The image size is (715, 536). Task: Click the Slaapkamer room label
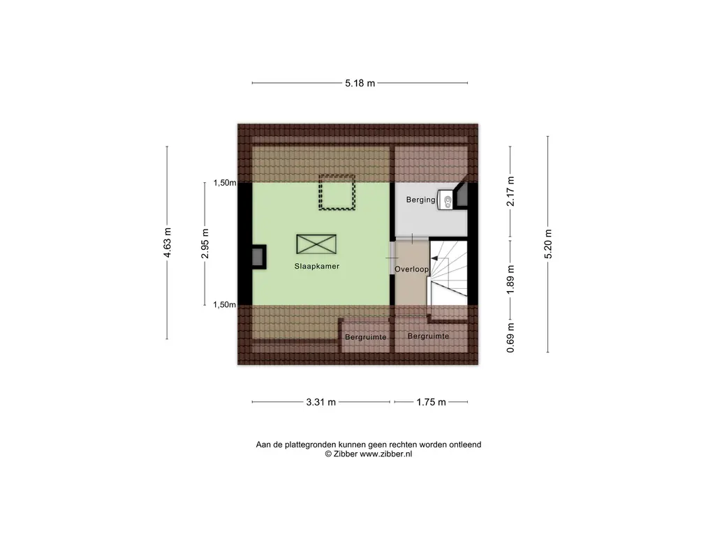click(x=316, y=266)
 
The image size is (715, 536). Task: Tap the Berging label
click(x=420, y=200)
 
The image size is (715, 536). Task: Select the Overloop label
click(x=411, y=269)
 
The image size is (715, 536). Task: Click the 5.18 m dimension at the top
click(x=360, y=83)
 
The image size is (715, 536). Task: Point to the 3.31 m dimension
click(x=321, y=402)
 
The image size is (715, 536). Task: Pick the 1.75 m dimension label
click(x=431, y=402)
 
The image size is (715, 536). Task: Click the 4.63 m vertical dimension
click(x=168, y=242)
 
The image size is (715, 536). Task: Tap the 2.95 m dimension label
click(x=205, y=244)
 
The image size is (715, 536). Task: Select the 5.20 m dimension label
click(x=548, y=244)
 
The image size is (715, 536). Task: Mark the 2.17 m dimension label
click(x=510, y=191)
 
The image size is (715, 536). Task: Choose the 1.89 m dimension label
click(x=510, y=280)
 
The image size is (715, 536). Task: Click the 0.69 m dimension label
click(x=510, y=337)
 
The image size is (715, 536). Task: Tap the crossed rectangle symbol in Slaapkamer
click(x=316, y=244)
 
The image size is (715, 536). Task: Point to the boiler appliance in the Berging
click(x=445, y=200)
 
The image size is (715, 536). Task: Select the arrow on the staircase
click(x=440, y=259)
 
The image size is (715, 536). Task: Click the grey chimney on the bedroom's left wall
click(x=258, y=257)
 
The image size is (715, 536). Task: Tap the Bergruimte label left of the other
click(x=366, y=337)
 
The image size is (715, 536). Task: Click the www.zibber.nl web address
click(x=385, y=454)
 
